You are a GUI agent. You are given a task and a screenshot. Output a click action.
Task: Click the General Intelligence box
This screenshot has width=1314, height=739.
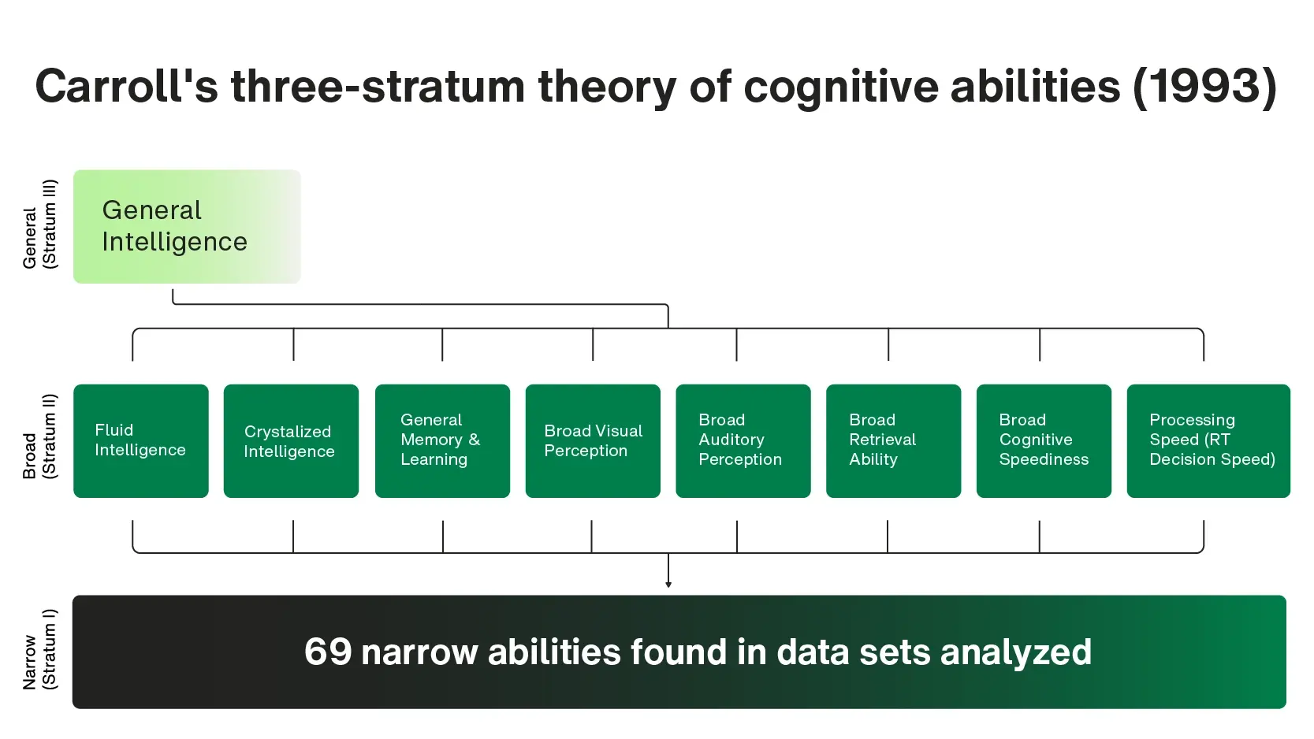point(187,226)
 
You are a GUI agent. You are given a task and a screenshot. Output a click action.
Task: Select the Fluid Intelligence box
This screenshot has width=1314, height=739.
point(141,441)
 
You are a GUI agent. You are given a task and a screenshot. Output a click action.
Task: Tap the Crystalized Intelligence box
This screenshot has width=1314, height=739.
point(291,441)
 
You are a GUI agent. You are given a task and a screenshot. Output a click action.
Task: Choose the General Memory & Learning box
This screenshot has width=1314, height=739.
point(442,441)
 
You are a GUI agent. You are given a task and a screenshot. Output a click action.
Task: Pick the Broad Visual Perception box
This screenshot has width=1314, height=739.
point(593,441)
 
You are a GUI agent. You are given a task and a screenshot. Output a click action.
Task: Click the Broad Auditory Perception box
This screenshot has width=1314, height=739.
point(743,441)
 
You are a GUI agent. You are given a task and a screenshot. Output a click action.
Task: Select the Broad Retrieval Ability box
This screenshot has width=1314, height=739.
point(893,441)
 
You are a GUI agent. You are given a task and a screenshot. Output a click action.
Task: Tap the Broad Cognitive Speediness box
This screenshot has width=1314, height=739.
point(1044,441)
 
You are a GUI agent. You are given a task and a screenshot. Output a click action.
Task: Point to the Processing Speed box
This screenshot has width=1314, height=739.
point(1208,441)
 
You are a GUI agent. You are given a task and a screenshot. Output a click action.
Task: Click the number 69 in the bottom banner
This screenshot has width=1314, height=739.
point(328,652)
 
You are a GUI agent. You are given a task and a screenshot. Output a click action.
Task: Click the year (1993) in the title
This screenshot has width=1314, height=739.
point(1205,87)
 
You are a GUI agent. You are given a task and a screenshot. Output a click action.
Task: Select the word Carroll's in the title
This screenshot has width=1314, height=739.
point(126,86)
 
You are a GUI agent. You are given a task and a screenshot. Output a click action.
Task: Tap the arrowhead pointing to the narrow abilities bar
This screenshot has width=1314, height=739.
point(668,584)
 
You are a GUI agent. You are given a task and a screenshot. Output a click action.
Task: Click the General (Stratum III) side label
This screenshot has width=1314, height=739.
point(40,225)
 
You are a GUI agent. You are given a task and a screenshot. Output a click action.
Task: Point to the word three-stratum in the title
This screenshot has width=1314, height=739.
point(378,86)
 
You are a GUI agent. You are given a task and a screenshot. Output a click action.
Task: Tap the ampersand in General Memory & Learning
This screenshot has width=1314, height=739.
point(474,440)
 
